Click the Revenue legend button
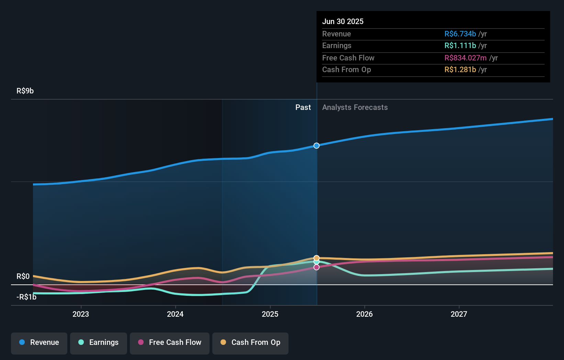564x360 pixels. click(39, 342)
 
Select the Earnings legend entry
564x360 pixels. click(99, 342)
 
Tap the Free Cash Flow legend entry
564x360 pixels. click(170, 342)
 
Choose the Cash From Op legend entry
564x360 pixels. click(250, 342)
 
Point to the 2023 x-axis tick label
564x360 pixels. click(81, 314)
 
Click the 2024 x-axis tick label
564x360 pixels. click(175, 314)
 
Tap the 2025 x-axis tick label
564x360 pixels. click(270, 314)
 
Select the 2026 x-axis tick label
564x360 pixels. click(364, 314)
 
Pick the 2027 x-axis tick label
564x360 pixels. click(459, 314)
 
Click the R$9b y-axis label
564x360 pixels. click(25, 91)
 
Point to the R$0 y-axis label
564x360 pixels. click(23, 277)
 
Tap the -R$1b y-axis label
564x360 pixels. click(26, 297)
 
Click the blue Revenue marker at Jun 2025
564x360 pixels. click(316, 146)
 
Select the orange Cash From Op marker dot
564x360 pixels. click(316, 258)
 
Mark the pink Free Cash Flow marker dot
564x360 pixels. click(316, 267)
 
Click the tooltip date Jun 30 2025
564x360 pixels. click(343, 22)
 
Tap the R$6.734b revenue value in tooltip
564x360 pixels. click(460, 34)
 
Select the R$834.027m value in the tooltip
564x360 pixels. click(465, 58)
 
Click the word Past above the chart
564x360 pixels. click(303, 108)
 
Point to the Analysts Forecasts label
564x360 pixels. click(355, 108)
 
